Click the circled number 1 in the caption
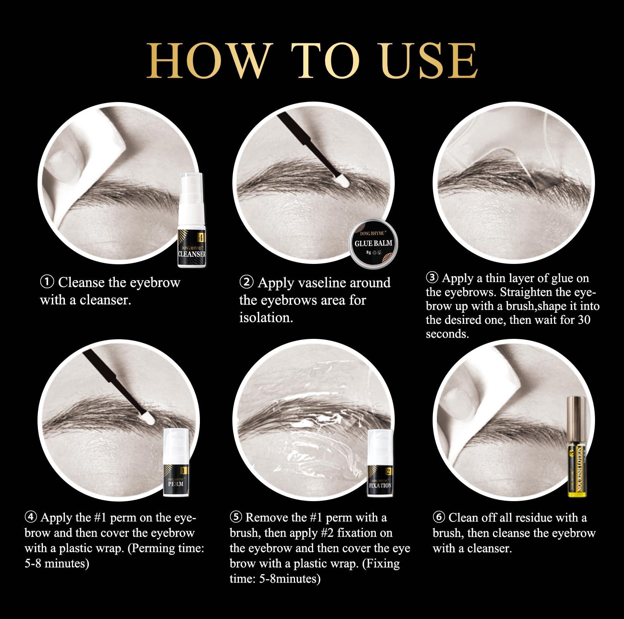click(47, 282)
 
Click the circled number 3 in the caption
click(432, 278)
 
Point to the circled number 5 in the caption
click(236, 517)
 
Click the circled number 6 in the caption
click(439, 517)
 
